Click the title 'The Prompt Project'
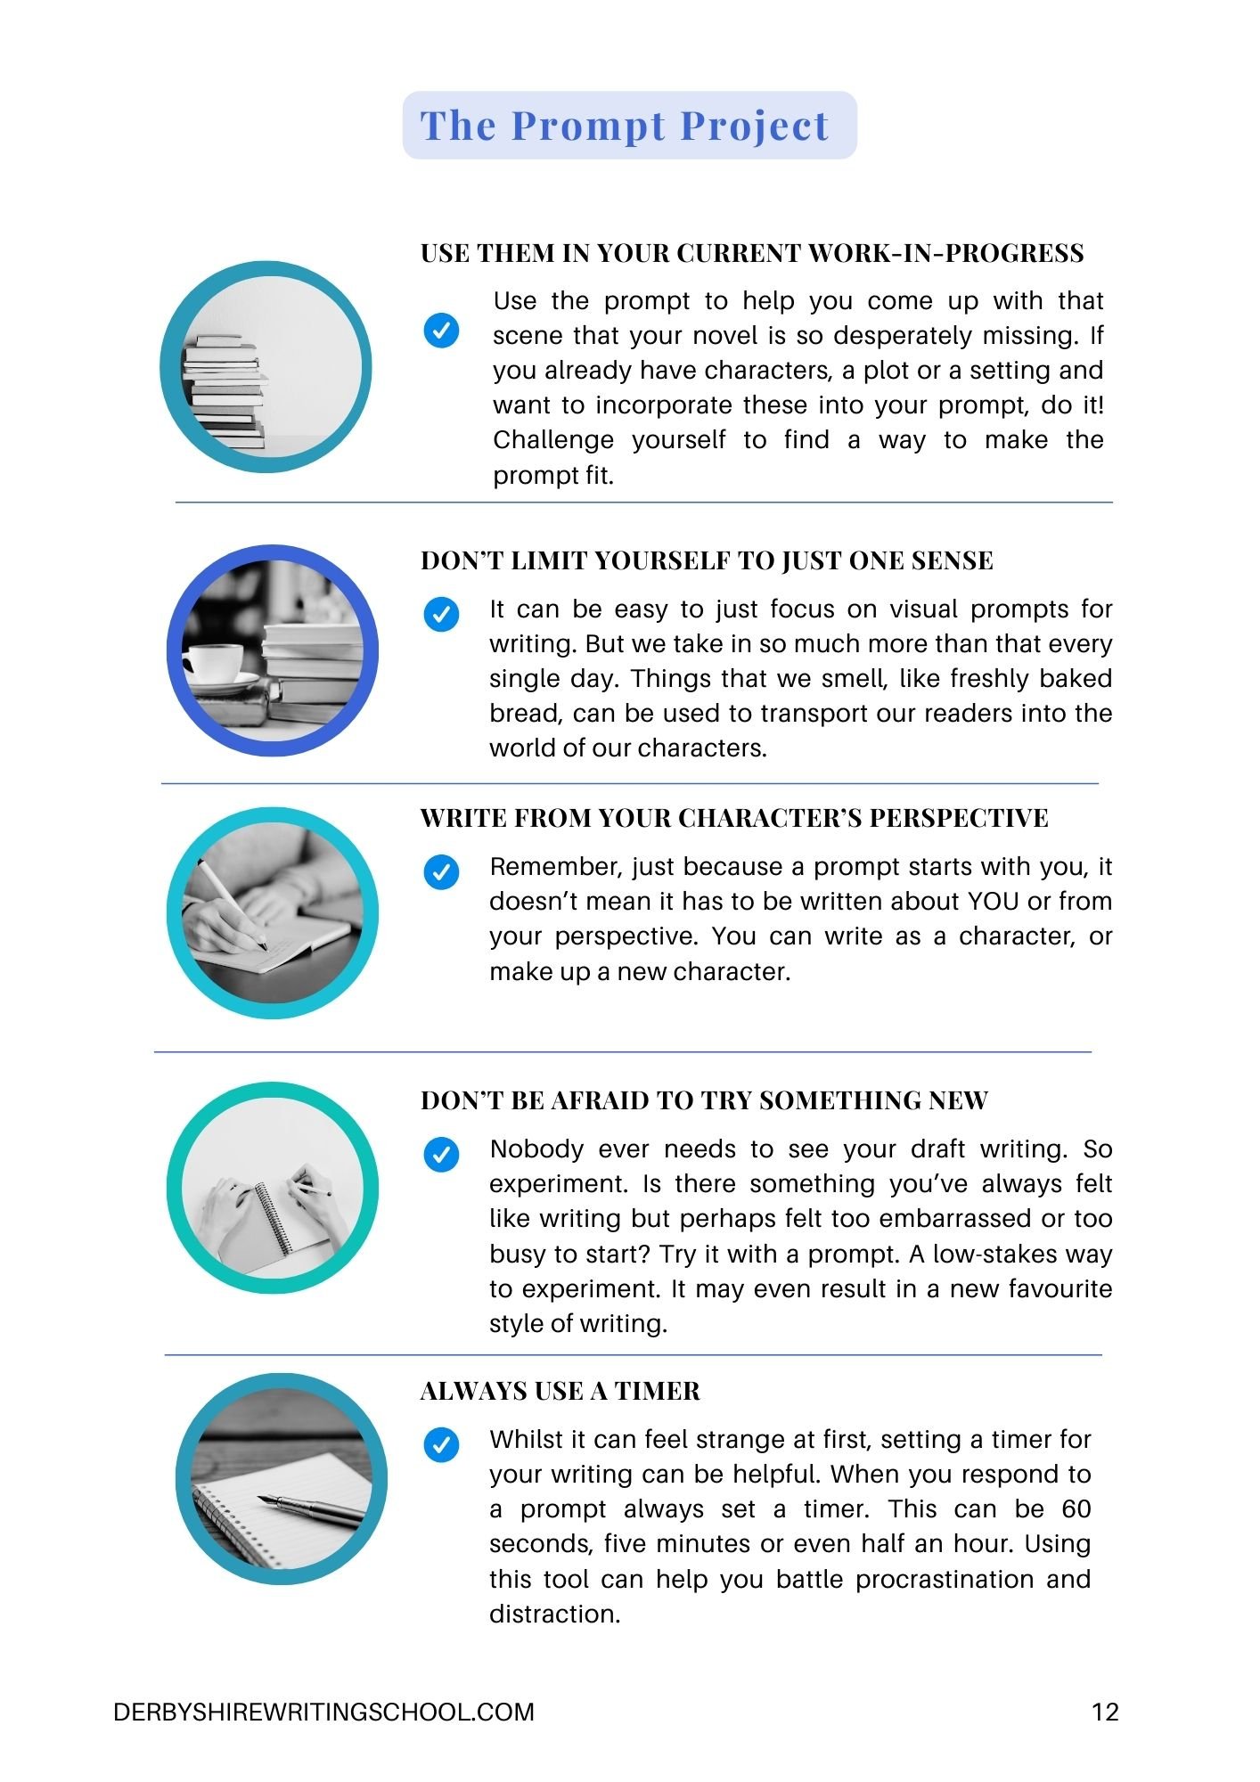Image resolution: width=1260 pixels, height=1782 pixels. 625,126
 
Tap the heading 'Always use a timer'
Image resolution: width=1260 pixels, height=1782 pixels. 560,1391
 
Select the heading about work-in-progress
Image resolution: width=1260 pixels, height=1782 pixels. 752,253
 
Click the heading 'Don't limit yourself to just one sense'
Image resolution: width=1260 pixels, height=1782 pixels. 707,560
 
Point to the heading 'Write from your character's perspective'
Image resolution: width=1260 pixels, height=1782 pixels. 734,818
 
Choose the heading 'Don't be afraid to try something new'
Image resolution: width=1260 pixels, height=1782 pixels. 704,1100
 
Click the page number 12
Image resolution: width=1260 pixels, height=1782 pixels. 1105,1712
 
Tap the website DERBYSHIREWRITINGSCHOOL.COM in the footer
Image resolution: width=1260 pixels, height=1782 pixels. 323,1712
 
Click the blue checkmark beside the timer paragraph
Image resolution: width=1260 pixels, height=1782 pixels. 441,1444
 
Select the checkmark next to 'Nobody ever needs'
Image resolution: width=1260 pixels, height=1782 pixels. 441,1154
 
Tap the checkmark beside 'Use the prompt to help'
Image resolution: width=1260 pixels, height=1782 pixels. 441,331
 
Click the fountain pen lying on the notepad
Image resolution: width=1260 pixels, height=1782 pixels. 311,1507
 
